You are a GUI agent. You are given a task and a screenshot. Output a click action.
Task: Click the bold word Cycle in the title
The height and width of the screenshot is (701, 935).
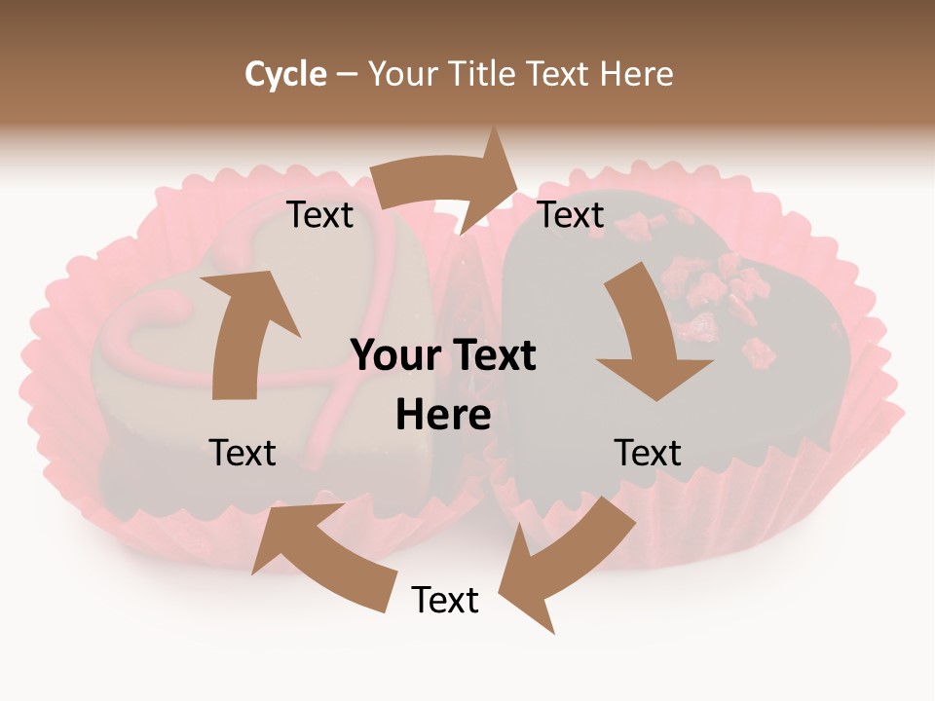[285, 74]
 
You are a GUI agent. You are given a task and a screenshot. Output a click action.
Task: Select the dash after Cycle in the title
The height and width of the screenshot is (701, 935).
[347, 75]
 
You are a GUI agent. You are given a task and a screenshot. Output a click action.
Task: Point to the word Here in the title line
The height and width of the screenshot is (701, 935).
[634, 74]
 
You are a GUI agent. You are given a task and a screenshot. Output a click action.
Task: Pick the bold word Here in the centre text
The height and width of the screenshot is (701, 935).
[443, 416]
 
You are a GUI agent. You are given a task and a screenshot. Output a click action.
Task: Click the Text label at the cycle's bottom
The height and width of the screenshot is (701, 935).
[445, 601]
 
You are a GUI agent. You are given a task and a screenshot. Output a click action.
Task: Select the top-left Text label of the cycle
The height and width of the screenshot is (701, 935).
[319, 215]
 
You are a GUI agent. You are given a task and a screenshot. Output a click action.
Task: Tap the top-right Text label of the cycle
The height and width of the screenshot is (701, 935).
[572, 215]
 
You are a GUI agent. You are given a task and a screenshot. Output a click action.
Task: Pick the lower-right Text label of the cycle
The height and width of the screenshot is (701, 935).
[648, 453]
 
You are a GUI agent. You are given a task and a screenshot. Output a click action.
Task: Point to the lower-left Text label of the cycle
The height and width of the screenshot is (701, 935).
[243, 453]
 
